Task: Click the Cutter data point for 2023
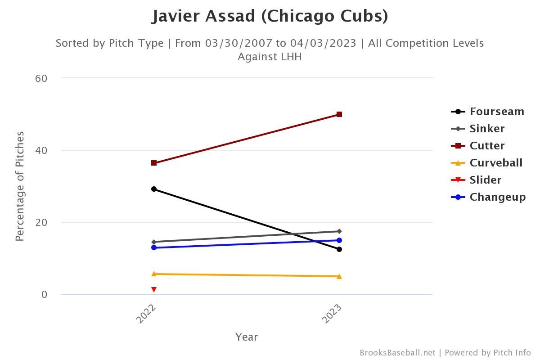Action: coord(339,114)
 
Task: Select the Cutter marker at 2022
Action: coord(154,163)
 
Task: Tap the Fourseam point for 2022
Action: coord(154,189)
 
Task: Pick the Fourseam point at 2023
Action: coord(339,249)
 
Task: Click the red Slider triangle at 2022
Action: coord(154,289)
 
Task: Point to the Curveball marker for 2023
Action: coord(339,276)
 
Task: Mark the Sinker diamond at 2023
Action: coord(339,231)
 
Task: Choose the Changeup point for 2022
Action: coord(154,247)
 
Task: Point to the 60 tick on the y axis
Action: coord(41,78)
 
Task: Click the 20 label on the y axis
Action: coord(41,223)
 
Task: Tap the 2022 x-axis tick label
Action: coord(146,313)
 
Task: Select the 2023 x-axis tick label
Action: coord(332,313)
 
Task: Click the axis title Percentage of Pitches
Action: coord(20,186)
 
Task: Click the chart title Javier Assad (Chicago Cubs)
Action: coord(270,16)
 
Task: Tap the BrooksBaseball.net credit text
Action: coord(397,353)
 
